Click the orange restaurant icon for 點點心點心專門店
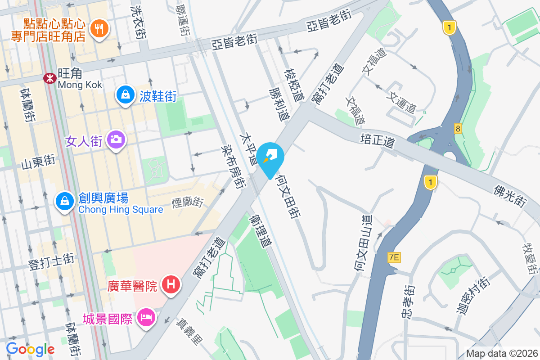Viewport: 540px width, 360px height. (99, 29)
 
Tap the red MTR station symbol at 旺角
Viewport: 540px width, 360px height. (49, 78)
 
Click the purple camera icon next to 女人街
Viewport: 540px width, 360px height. (116, 140)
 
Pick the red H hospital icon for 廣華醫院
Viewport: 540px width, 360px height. (171, 285)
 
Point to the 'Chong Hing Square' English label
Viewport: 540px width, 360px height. (121, 210)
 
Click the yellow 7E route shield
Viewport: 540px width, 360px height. (394, 257)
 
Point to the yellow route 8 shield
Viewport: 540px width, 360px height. (458, 129)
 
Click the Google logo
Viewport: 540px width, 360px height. (30, 349)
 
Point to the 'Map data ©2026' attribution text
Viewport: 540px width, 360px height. (502, 353)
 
